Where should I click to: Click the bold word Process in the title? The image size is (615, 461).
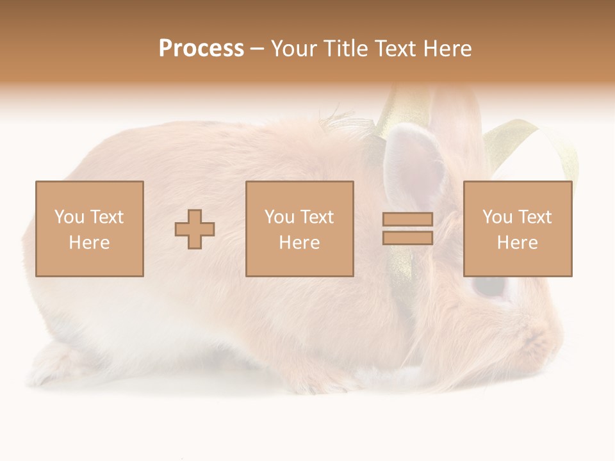pyautogui.click(x=201, y=49)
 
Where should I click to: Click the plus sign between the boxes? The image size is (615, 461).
pyautogui.click(x=195, y=229)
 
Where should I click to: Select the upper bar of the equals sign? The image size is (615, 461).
pyautogui.click(x=407, y=220)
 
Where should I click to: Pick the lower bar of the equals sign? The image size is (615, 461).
pyautogui.click(x=407, y=238)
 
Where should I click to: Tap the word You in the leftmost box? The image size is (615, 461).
pyautogui.click(x=67, y=217)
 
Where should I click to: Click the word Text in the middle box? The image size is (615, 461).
pyautogui.click(x=318, y=217)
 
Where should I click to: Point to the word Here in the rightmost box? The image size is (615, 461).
pyautogui.click(x=518, y=243)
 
